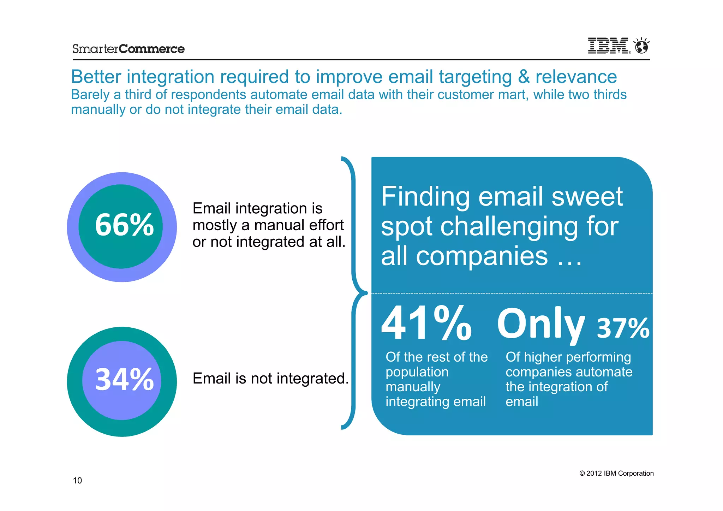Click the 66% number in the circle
coord(124,225)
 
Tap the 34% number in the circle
coord(124,380)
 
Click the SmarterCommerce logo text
coord(128,49)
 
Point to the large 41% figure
coord(426,323)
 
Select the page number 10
coord(77,480)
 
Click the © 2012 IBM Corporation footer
coord(616,473)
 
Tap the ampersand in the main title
coord(524,77)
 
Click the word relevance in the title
coord(576,77)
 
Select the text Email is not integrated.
coord(270,379)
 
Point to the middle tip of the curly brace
coord(365,293)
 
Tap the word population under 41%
coord(417,372)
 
